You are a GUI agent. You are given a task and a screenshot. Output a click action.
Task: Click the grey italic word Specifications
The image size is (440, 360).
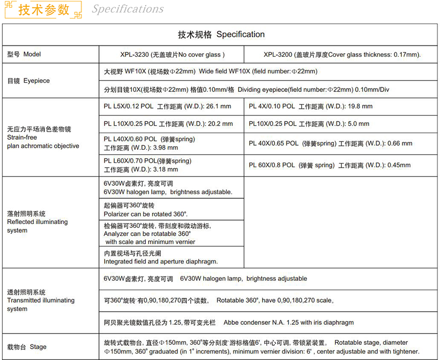pyautogui.click(x=128, y=9)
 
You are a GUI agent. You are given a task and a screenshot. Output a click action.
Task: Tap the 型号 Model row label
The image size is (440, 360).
pyautogui.click(x=24, y=54)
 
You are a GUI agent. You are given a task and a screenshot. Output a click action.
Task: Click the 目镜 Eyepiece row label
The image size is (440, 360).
pyautogui.click(x=28, y=81)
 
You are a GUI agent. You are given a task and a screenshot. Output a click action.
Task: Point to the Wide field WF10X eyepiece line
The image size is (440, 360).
pyautogui.click(x=210, y=71)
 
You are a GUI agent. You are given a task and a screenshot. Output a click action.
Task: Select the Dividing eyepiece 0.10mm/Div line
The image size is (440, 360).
pyautogui.click(x=246, y=90)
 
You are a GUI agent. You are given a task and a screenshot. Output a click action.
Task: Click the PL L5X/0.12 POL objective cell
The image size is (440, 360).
pyautogui.click(x=167, y=106)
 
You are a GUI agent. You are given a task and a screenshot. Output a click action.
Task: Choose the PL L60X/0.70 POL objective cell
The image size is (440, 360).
pyautogui.click(x=147, y=165)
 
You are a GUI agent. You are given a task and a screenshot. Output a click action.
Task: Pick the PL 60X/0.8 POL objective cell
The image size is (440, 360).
pyautogui.click(x=330, y=165)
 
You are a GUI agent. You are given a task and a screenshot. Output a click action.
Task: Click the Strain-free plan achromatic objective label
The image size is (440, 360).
pyautogui.click(x=43, y=137)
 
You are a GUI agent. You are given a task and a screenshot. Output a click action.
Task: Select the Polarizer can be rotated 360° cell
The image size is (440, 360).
pyautogui.click(x=146, y=209)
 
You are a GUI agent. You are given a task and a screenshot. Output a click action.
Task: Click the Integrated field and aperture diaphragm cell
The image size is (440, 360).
pyautogui.click(x=161, y=257)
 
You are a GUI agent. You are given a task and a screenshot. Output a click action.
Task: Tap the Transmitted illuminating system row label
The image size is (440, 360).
pyautogui.click(x=41, y=300)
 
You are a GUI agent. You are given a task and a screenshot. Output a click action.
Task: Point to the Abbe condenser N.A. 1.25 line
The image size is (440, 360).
pyautogui.click(x=228, y=322)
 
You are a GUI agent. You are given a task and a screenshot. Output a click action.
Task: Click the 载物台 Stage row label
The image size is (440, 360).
pyautogui.click(x=27, y=347)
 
